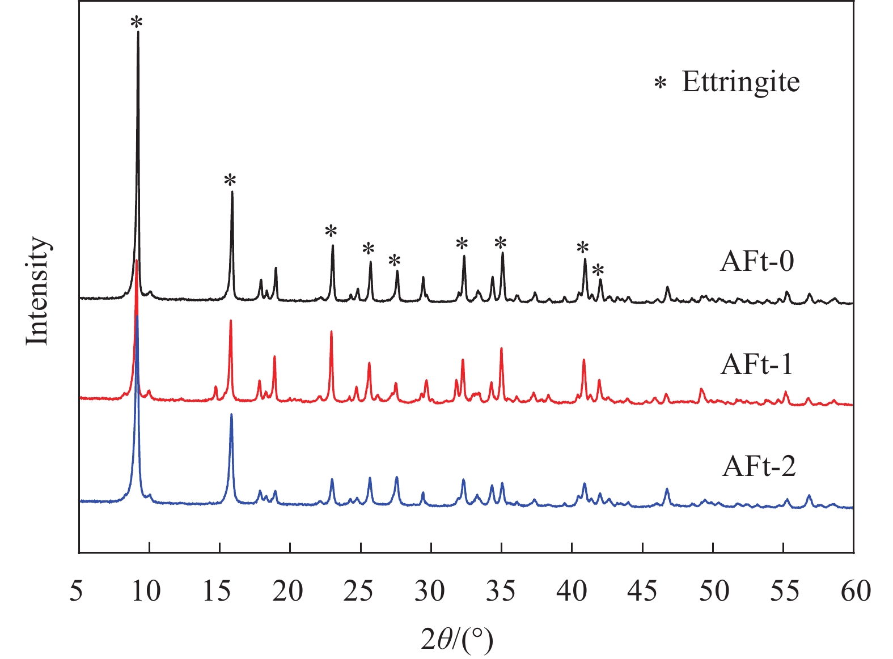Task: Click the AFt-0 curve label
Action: click(x=757, y=262)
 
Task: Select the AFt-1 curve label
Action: click(x=757, y=364)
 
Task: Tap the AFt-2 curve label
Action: click(x=759, y=467)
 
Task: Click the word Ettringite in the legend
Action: click(x=740, y=82)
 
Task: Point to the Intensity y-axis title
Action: click(x=38, y=290)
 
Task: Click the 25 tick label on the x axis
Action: click(x=359, y=592)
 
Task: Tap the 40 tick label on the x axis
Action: click(x=572, y=592)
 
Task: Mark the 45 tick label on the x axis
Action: click(x=642, y=592)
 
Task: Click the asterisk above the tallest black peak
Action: click(x=137, y=23)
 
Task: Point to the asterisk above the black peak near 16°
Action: click(x=230, y=181)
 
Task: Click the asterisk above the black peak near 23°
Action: click(x=331, y=231)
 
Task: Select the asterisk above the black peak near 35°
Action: click(x=500, y=243)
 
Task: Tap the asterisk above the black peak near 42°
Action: click(x=598, y=270)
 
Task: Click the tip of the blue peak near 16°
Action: click(x=231, y=414)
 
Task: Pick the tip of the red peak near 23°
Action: click(x=331, y=331)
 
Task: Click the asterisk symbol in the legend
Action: click(x=660, y=84)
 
